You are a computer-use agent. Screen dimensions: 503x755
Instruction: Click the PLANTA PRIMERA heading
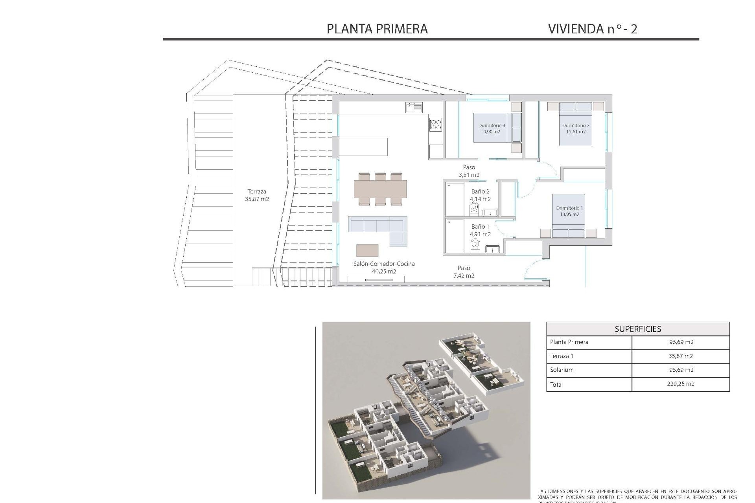tap(377, 29)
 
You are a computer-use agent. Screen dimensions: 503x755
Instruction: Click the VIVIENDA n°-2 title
tap(593, 29)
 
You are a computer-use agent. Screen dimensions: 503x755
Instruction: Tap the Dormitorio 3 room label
tap(492, 129)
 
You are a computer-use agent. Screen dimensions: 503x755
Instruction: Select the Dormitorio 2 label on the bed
tap(576, 129)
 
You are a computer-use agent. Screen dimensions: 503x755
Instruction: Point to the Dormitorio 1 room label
tap(569, 211)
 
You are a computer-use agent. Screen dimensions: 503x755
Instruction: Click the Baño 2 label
tap(480, 195)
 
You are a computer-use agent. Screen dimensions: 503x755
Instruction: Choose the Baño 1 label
tap(480, 230)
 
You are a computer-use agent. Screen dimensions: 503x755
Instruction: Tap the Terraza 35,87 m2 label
tap(257, 195)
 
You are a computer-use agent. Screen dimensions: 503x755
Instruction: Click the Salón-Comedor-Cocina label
tap(384, 267)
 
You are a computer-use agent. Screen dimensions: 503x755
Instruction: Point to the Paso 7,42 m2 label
tap(464, 272)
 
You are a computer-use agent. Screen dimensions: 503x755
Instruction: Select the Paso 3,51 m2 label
tap(469, 171)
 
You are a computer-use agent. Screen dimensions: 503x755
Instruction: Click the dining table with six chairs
tap(380, 189)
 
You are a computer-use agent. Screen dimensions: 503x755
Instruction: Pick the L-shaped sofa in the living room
tap(377, 228)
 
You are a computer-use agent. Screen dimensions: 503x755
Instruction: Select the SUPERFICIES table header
tap(638, 329)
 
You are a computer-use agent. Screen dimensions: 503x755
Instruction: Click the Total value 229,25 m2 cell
tap(681, 384)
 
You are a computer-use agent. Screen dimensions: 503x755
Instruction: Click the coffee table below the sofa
tap(367, 250)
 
